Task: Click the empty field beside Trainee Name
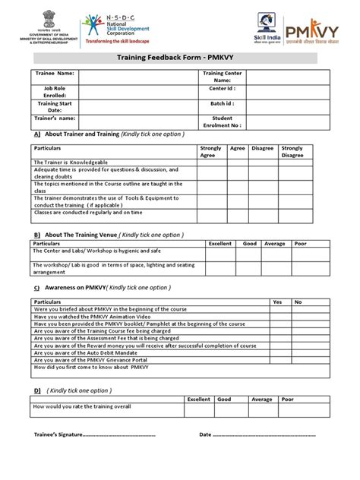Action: point(137,77)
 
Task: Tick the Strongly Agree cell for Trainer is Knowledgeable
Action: point(212,162)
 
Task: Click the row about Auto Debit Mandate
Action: point(114,352)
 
